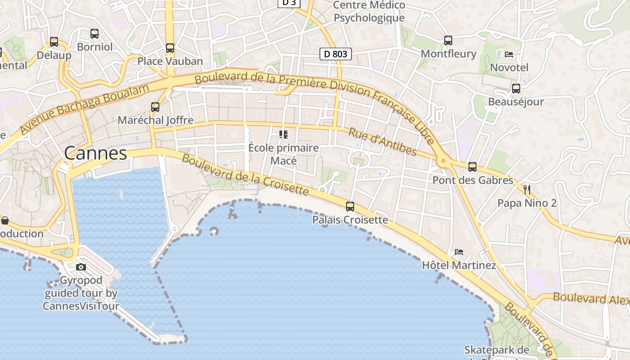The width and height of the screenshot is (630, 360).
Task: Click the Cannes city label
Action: [x=95, y=153]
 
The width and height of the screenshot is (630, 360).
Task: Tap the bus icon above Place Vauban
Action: [x=170, y=48]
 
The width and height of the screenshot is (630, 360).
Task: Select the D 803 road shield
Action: [x=335, y=54]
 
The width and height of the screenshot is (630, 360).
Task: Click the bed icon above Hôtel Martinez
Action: [x=459, y=252]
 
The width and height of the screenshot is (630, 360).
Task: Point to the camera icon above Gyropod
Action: [x=81, y=267]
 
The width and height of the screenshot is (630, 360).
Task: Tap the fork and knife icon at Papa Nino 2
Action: [x=527, y=189]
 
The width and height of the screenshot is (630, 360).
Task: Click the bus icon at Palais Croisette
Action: [x=350, y=207]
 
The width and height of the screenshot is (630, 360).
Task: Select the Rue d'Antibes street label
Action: [x=382, y=142]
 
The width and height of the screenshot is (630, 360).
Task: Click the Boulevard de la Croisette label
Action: [x=245, y=175]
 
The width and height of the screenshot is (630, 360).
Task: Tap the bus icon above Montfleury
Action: [x=448, y=40]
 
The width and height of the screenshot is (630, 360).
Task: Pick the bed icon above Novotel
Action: [x=509, y=54]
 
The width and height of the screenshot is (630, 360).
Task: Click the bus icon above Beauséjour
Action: [x=516, y=89]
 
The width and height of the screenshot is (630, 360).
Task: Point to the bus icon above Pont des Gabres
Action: [x=472, y=167]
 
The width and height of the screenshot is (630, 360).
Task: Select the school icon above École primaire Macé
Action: [x=283, y=134]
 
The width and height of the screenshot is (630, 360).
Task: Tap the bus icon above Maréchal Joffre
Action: [x=155, y=107]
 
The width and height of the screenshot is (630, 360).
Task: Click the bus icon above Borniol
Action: [x=94, y=34]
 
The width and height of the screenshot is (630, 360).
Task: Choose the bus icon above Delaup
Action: [x=54, y=42]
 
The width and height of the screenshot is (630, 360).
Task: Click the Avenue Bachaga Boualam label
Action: [x=84, y=109]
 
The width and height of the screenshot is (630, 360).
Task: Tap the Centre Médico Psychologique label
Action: [x=369, y=12]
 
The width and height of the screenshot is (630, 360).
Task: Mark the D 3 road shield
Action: [x=289, y=3]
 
